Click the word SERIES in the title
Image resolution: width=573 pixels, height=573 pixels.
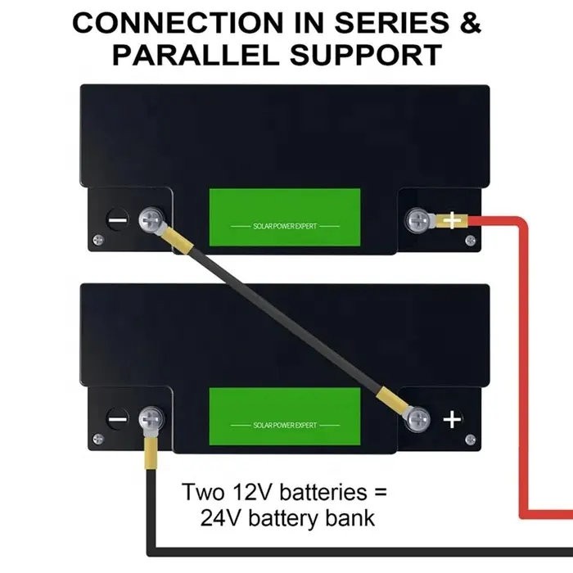[x=392, y=23]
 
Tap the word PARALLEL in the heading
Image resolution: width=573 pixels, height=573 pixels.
[x=194, y=55]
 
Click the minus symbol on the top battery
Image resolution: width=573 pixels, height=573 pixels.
[x=118, y=220]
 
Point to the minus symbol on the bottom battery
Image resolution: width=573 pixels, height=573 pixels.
[x=118, y=419]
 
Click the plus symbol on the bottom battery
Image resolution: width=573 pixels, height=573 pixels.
[x=452, y=419]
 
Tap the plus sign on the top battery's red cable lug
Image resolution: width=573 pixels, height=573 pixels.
[x=452, y=220]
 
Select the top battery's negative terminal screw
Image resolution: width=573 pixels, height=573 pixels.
[x=151, y=219]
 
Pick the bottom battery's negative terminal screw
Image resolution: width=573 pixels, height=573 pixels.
[x=151, y=419]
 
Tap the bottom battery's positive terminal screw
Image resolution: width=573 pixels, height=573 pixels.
[x=418, y=419]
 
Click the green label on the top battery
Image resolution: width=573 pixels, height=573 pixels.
[x=285, y=218]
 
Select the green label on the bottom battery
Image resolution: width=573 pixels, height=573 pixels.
[x=285, y=417]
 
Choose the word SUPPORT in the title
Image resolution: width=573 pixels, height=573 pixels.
[x=366, y=55]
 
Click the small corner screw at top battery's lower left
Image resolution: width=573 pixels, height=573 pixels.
[x=98, y=240]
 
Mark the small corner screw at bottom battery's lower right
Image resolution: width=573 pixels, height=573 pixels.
[x=471, y=440]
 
